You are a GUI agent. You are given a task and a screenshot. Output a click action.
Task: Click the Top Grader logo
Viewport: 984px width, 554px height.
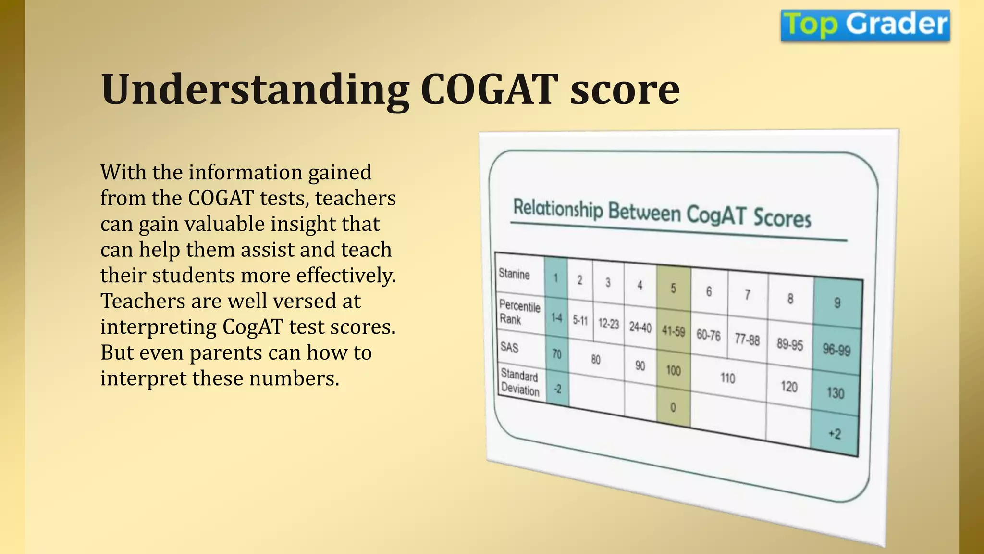865,25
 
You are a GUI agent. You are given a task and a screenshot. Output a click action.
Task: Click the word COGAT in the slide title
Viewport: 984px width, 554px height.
489,89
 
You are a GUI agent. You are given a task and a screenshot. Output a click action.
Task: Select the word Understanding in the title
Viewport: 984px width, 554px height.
255,89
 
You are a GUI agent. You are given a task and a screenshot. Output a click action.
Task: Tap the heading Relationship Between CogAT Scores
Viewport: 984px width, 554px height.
662,213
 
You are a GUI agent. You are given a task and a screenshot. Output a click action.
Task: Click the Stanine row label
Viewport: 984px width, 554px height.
514,274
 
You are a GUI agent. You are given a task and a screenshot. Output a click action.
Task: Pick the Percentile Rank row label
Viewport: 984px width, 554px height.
519,313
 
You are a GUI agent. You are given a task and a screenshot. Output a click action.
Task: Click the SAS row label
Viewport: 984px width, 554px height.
509,347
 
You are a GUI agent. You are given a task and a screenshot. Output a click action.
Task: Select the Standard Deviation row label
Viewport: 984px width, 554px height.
519,382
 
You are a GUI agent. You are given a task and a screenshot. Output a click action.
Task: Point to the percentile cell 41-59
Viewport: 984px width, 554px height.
673,331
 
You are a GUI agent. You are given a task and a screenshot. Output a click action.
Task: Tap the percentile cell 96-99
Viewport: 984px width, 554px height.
836,350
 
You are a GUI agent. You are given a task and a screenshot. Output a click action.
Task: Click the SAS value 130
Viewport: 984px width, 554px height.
835,393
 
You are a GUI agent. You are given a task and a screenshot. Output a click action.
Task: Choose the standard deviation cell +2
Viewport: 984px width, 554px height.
835,434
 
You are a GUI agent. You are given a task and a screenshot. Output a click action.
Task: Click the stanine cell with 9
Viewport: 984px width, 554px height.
837,303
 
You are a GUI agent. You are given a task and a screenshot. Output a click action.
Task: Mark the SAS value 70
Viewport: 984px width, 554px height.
556,354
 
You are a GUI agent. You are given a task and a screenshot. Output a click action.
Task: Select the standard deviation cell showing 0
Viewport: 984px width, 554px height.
673,408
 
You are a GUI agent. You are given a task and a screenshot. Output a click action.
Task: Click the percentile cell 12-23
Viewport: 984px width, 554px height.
608,324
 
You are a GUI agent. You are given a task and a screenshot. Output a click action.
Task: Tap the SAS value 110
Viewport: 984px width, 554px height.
727,378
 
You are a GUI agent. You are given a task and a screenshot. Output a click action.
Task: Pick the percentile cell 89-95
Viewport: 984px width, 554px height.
789,344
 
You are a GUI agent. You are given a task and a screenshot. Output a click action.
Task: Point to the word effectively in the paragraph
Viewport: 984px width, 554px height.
345,276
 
